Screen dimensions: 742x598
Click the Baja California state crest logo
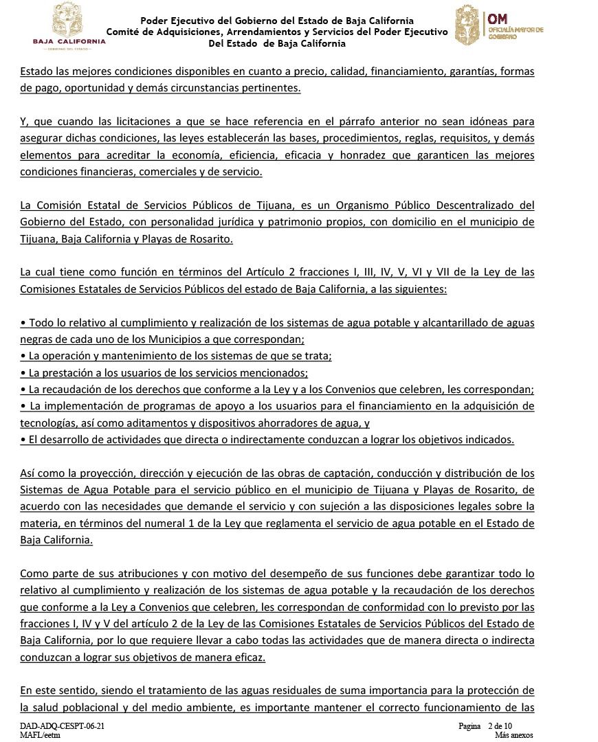(x=69, y=18)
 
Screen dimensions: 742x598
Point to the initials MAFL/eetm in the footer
(x=40, y=734)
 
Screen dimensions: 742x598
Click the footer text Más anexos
(x=513, y=734)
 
